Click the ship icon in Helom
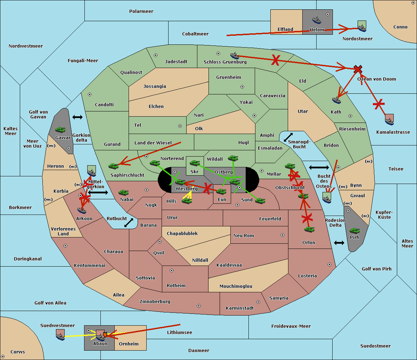point(317,20)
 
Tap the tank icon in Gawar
point(60,129)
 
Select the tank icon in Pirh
point(354,231)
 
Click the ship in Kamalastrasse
point(389,119)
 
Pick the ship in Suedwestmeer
point(60,335)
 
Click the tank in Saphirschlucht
point(113,166)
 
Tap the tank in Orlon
point(309,229)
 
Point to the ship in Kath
point(336,100)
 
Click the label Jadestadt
point(176,62)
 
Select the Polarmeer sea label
point(141,11)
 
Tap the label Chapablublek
point(182,233)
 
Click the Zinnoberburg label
point(155,302)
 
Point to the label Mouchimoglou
point(236,286)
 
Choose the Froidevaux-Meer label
point(291,326)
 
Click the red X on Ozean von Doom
point(358,69)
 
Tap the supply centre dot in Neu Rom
point(283,235)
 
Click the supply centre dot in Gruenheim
point(242,87)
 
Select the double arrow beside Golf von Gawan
point(77,117)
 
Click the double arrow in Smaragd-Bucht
point(288,137)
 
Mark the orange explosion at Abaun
point(105,335)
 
